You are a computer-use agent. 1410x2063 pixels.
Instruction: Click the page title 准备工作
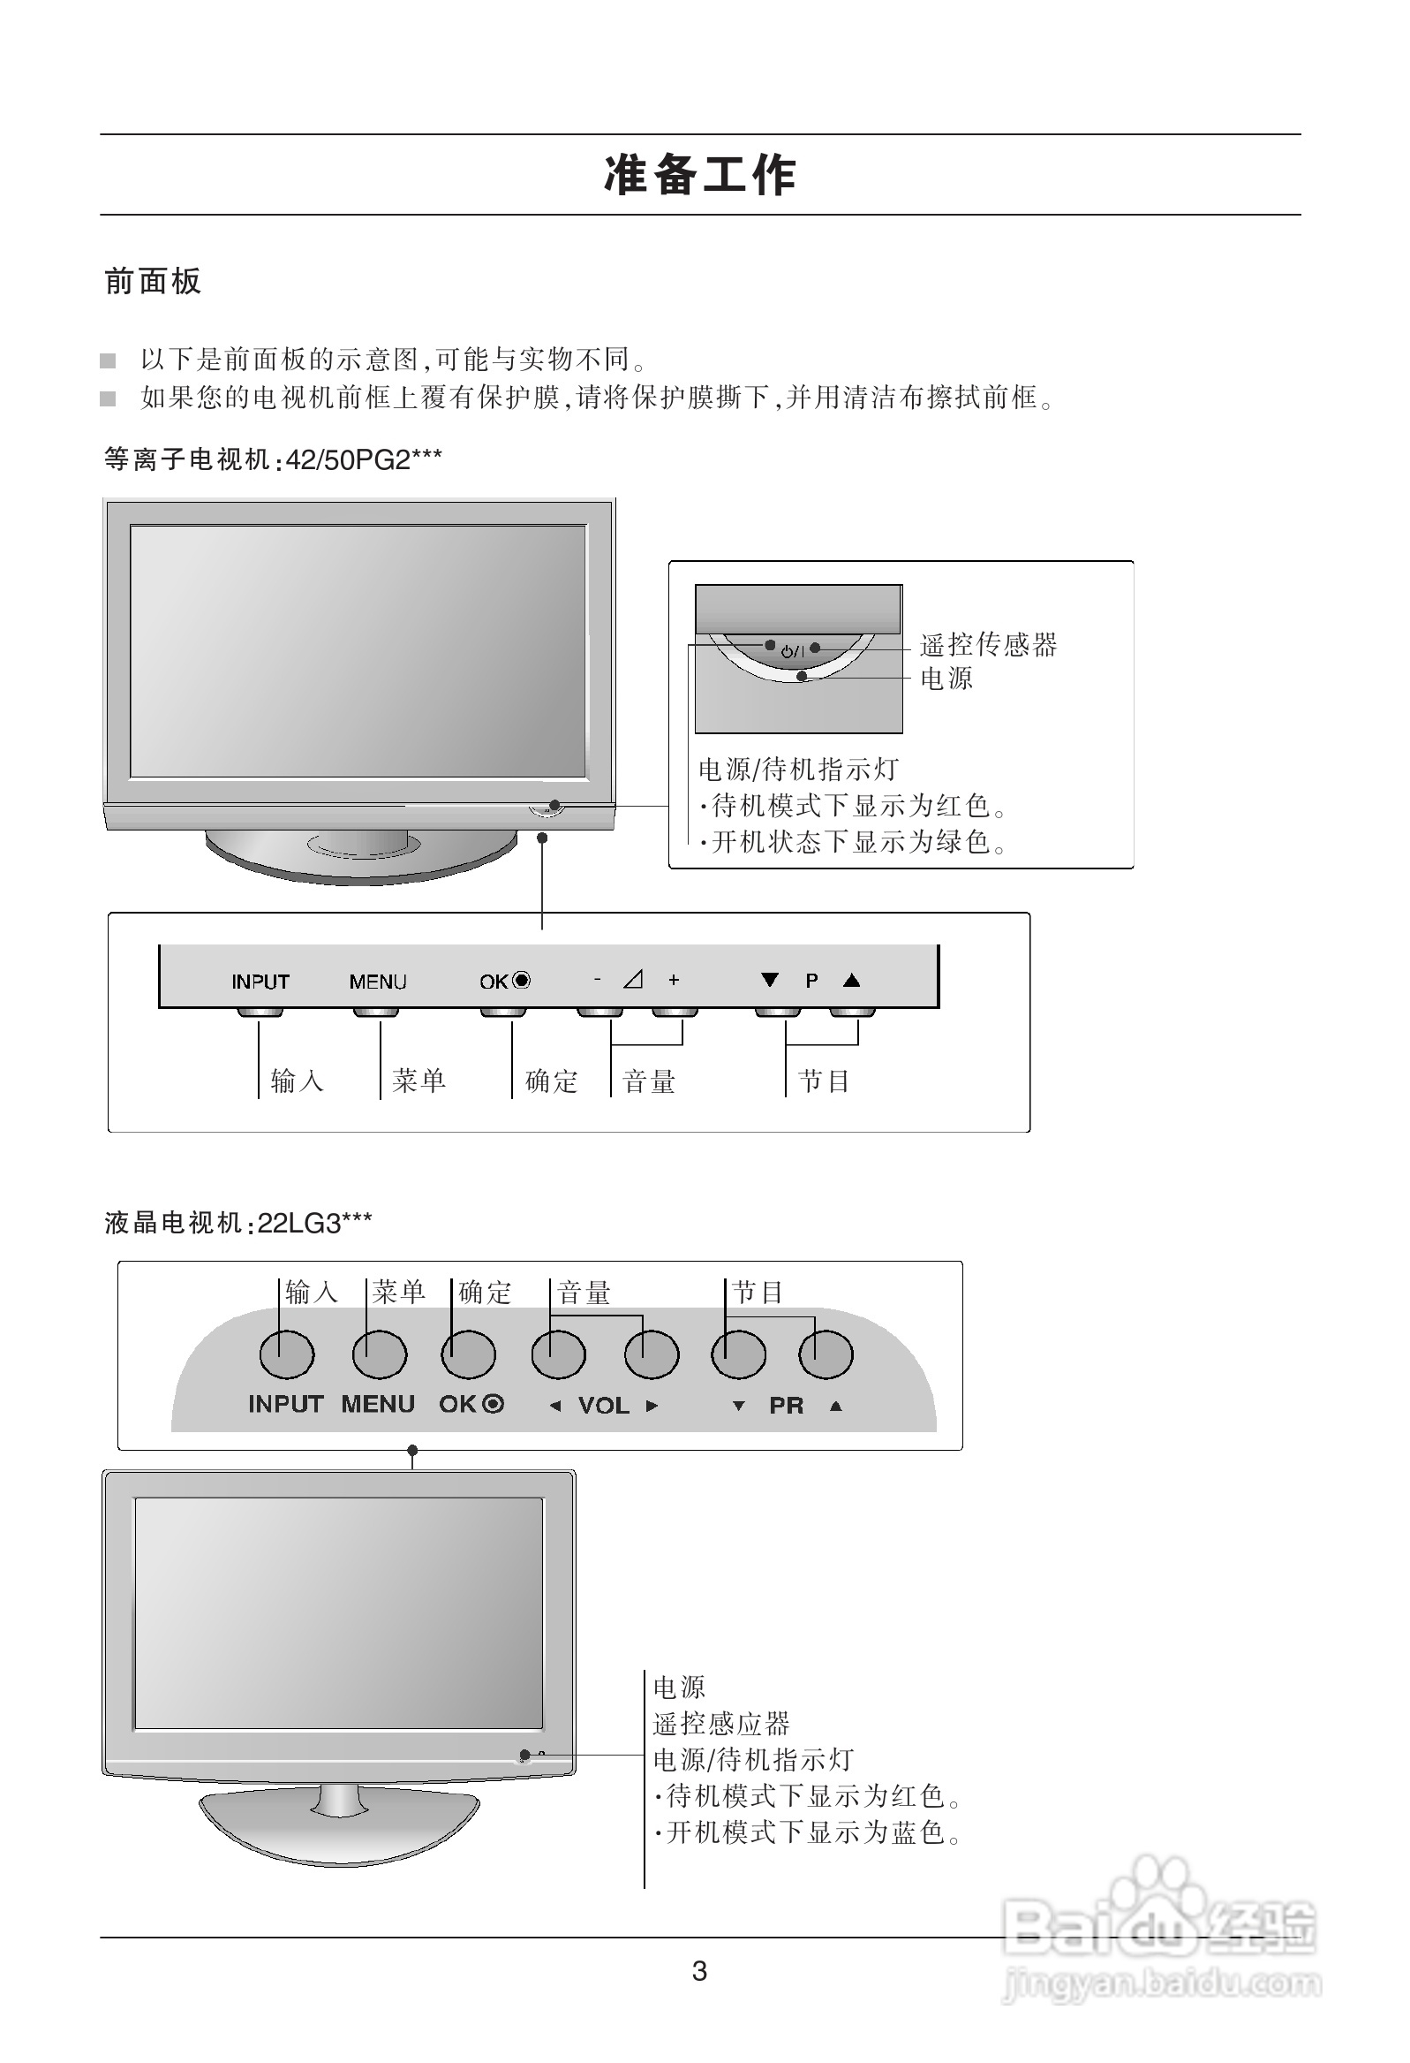click(700, 175)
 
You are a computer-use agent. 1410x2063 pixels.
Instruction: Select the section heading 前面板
click(153, 282)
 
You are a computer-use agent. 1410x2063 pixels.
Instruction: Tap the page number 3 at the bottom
click(699, 1972)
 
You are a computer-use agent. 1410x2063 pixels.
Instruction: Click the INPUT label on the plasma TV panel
click(260, 982)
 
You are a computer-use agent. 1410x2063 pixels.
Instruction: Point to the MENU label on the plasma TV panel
click(378, 982)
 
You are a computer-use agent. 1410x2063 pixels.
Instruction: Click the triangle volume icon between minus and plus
click(633, 980)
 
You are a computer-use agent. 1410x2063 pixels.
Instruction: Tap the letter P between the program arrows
click(811, 981)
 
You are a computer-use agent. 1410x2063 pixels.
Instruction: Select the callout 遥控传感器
click(989, 644)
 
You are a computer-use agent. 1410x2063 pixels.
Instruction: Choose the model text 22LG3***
click(314, 1224)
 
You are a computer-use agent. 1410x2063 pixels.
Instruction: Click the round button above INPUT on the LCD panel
click(287, 1354)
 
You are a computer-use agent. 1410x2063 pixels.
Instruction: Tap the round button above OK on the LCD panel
click(468, 1354)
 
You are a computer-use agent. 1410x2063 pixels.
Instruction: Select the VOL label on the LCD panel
click(603, 1405)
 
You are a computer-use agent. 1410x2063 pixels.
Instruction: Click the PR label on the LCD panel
click(786, 1405)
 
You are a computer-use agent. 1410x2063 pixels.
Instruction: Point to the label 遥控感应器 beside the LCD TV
click(720, 1724)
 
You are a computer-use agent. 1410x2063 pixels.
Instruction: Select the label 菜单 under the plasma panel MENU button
click(418, 1081)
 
